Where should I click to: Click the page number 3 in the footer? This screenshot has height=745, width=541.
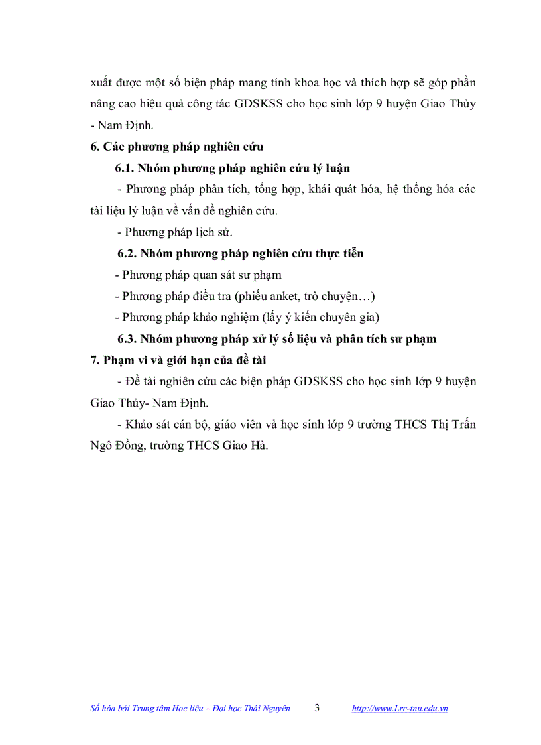coord(317,707)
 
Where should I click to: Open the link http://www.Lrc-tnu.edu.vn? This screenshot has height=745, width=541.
coord(399,709)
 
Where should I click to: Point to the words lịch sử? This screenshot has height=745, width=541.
coord(212,232)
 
